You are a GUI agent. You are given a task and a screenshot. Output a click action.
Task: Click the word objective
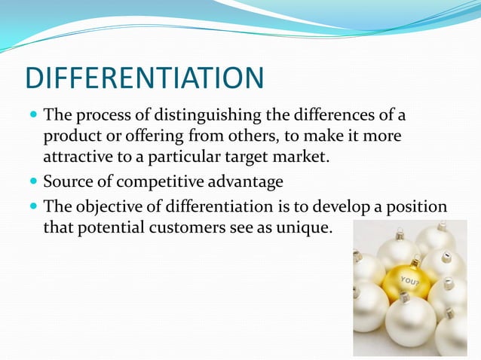108,206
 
